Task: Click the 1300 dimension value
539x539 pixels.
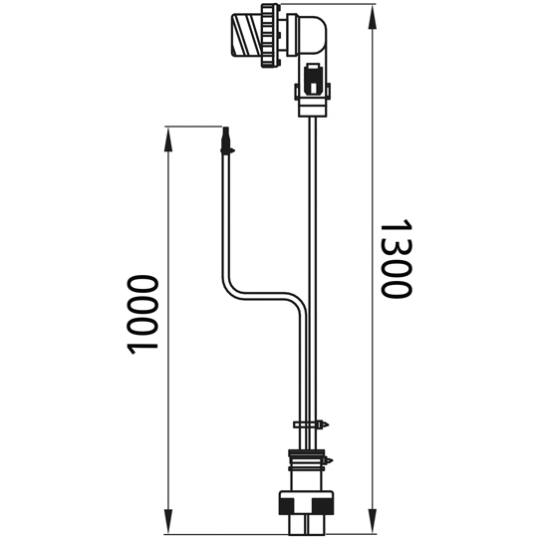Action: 397,262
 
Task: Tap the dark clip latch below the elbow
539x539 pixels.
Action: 313,77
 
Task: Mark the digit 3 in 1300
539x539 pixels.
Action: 397,250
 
